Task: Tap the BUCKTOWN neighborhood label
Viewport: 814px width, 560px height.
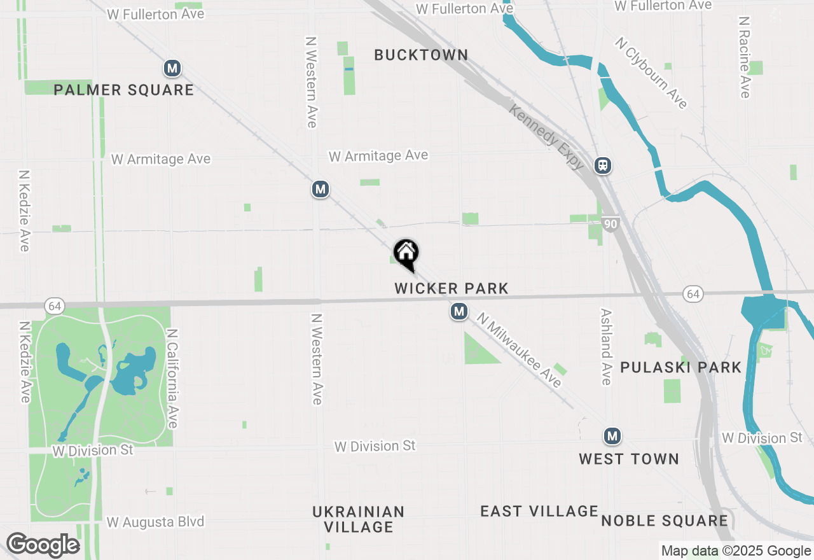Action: (x=421, y=55)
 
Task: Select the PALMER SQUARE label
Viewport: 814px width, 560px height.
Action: (x=123, y=90)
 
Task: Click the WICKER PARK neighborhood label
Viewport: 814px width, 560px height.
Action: (x=452, y=288)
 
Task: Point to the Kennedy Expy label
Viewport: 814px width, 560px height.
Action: (x=546, y=137)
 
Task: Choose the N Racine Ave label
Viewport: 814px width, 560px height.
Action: (x=744, y=57)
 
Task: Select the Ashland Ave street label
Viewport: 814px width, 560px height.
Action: (x=605, y=347)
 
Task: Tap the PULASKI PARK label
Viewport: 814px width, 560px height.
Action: (x=680, y=367)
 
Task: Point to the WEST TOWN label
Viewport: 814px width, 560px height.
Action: (x=629, y=459)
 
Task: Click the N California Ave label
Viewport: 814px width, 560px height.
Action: (x=172, y=378)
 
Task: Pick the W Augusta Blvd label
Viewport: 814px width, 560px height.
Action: (x=156, y=522)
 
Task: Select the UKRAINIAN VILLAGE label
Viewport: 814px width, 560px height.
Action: (x=359, y=519)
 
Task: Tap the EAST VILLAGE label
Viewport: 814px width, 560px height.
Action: (x=539, y=511)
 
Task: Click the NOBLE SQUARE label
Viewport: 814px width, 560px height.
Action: (x=665, y=521)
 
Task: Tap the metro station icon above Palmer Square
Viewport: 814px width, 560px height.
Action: (x=172, y=68)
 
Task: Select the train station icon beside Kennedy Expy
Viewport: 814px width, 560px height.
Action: (x=603, y=165)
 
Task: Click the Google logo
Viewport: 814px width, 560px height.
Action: (x=43, y=545)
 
